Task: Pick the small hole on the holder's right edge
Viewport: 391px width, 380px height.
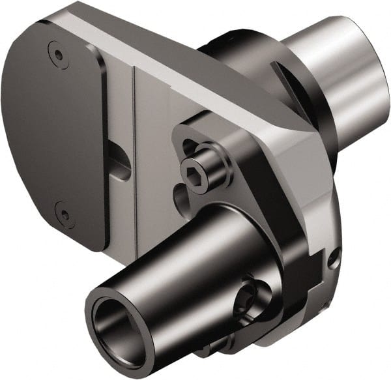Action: click(x=334, y=261)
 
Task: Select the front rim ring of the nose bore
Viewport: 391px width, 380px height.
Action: click(x=98, y=306)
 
